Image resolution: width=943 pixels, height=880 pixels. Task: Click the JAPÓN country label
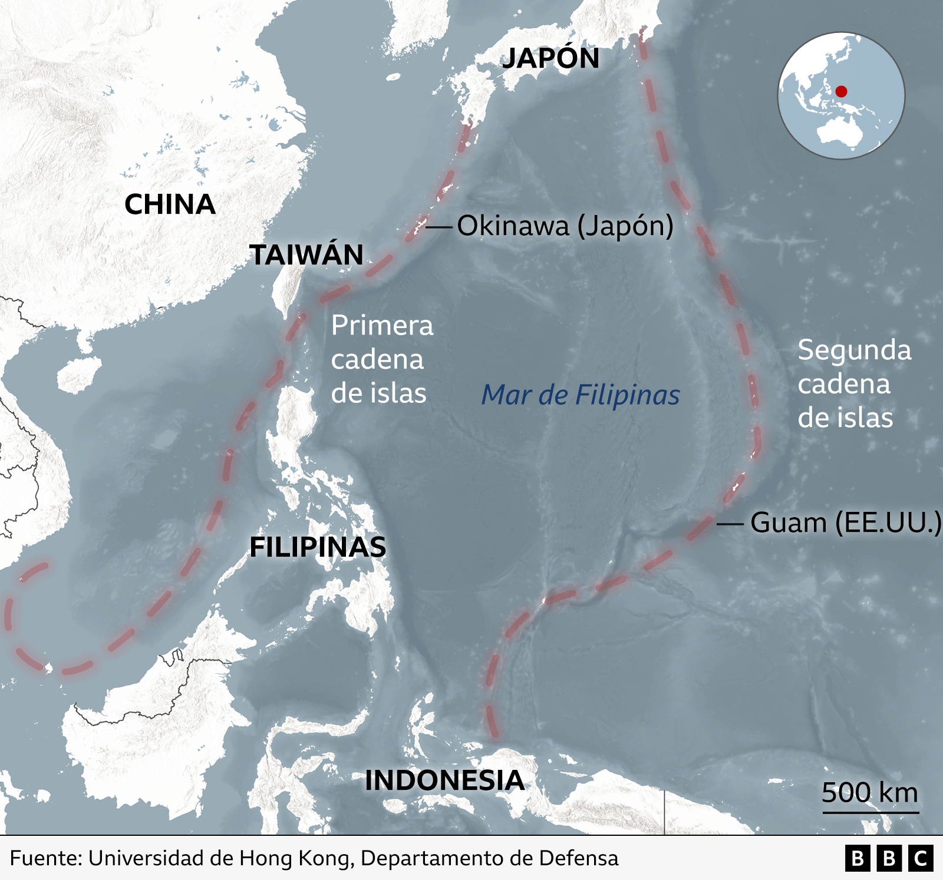(550, 58)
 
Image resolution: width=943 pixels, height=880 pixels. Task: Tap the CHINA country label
(170, 204)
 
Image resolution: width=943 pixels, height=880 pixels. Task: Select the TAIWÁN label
(306, 255)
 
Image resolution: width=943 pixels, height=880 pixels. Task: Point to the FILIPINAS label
(318, 547)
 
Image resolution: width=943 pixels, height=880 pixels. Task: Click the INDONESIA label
(444, 780)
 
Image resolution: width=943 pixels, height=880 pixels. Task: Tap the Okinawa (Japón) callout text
(565, 226)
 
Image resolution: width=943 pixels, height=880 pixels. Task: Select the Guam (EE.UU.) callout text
(846, 522)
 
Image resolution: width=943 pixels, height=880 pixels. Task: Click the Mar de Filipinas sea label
(581, 395)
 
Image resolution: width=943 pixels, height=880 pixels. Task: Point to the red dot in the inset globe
(841, 91)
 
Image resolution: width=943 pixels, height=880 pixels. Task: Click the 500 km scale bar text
(870, 793)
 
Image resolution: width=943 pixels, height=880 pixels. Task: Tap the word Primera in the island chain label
(382, 326)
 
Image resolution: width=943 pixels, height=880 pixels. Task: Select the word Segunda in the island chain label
(854, 350)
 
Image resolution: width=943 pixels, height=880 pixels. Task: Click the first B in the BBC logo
(858, 858)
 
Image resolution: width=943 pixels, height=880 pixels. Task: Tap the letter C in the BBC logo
(921, 858)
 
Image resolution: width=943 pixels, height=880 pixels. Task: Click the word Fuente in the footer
(44, 858)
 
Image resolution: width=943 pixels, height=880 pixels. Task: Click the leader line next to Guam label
(730, 523)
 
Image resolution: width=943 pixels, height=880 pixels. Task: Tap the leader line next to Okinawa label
(438, 226)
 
